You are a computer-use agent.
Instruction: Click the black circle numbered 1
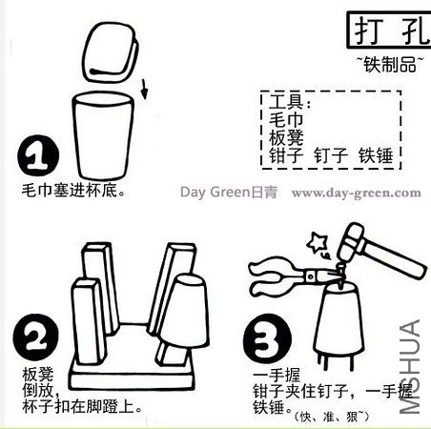coord(38,155)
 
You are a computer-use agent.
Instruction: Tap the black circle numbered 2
coord(35,337)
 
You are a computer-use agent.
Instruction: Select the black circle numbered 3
coord(267,337)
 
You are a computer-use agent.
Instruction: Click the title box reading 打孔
coord(389,31)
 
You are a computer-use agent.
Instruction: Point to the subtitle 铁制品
coord(390,64)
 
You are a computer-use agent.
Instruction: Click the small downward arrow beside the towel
coord(144,89)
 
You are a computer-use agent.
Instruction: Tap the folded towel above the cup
coord(110,52)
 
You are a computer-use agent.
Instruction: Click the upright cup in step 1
coord(103,136)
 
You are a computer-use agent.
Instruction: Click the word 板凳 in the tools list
coord(286,137)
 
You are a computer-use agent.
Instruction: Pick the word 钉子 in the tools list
coord(331,155)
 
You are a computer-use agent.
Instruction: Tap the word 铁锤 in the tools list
coord(376,155)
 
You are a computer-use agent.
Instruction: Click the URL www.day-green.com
coord(357,193)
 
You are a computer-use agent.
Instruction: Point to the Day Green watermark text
coord(229,193)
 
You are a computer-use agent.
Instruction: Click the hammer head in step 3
coord(351,242)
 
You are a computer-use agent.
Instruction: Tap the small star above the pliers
coord(317,242)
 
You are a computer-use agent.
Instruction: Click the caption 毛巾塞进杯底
coord(73,191)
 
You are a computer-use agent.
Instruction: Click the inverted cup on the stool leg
coord(184,312)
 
